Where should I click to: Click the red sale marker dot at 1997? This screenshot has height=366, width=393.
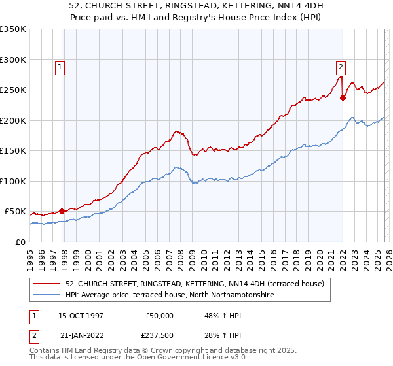[62, 211]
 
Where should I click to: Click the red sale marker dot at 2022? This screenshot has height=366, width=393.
[343, 98]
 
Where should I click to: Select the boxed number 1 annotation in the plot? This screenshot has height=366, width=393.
[60, 66]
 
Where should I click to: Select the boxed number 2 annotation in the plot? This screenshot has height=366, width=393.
[341, 66]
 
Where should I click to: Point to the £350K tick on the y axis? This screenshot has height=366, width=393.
[13, 29]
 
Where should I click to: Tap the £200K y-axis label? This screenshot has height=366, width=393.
[13, 120]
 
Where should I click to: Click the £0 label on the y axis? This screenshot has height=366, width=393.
[20, 242]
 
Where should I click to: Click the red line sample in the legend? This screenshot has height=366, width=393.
[47, 283]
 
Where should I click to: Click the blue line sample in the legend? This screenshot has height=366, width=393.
[47, 295]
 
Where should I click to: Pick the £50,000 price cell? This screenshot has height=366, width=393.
[158, 316]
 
